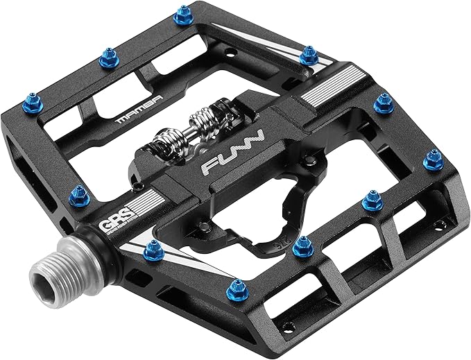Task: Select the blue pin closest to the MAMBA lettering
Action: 108,58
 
